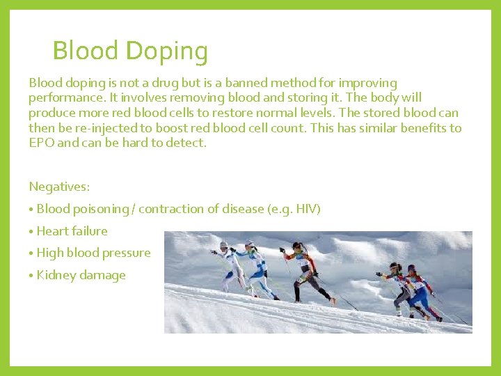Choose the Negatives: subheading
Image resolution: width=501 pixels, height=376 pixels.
[59, 187]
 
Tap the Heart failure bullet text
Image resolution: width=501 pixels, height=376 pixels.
[72, 231]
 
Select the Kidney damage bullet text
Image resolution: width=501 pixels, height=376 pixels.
[81, 275]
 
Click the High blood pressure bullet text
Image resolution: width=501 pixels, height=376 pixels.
[93, 253]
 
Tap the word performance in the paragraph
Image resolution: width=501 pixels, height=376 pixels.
[61, 97]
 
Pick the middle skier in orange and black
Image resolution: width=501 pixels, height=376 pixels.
[306, 272]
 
